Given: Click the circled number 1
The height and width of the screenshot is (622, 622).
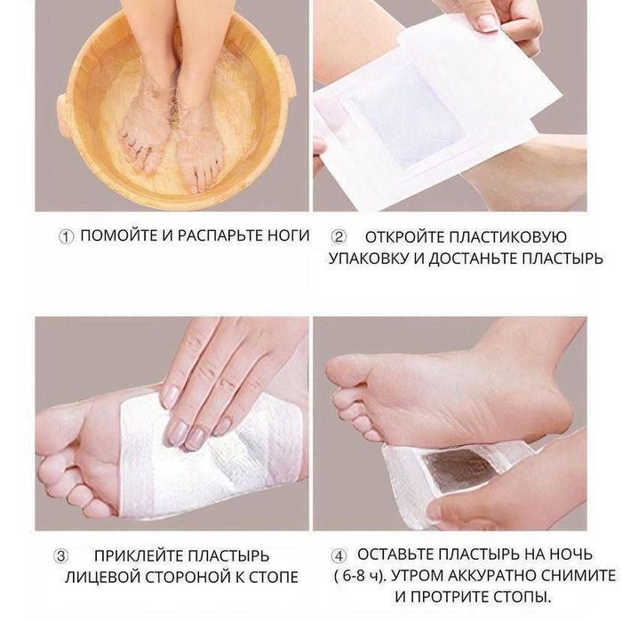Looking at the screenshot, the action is [x=67, y=237].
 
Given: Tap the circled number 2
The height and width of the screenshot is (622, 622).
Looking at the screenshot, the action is [x=339, y=237].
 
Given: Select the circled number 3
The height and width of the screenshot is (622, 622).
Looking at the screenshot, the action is [x=60, y=555].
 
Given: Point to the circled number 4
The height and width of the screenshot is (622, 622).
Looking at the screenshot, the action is [x=339, y=555].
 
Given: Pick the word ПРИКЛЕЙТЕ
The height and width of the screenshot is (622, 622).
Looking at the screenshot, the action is [x=138, y=555].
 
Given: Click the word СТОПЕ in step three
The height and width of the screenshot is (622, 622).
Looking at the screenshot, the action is [x=274, y=578].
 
